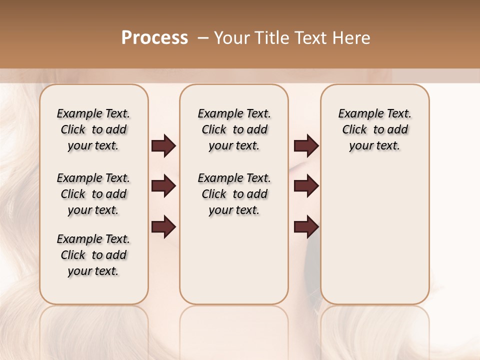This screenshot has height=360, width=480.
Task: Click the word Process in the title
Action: pos(154,38)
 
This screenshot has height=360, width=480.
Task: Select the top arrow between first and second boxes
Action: pos(163,146)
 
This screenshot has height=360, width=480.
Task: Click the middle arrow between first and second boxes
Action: pos(163,186)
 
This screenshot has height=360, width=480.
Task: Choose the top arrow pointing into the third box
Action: pos(306,146)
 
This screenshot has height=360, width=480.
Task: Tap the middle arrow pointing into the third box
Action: pos(306,186)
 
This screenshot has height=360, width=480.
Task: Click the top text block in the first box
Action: pos(93,129)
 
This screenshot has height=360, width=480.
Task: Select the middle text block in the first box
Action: pos(93,194)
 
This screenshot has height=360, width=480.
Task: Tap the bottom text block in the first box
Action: pos(93,255)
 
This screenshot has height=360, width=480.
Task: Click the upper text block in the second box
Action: pos(234,129)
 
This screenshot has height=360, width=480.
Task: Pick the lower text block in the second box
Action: pos(234,194)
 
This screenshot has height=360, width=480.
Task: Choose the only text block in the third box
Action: pos(374,129)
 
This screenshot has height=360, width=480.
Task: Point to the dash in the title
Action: pos(203,38)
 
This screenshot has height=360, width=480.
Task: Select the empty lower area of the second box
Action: pos(234,260)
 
